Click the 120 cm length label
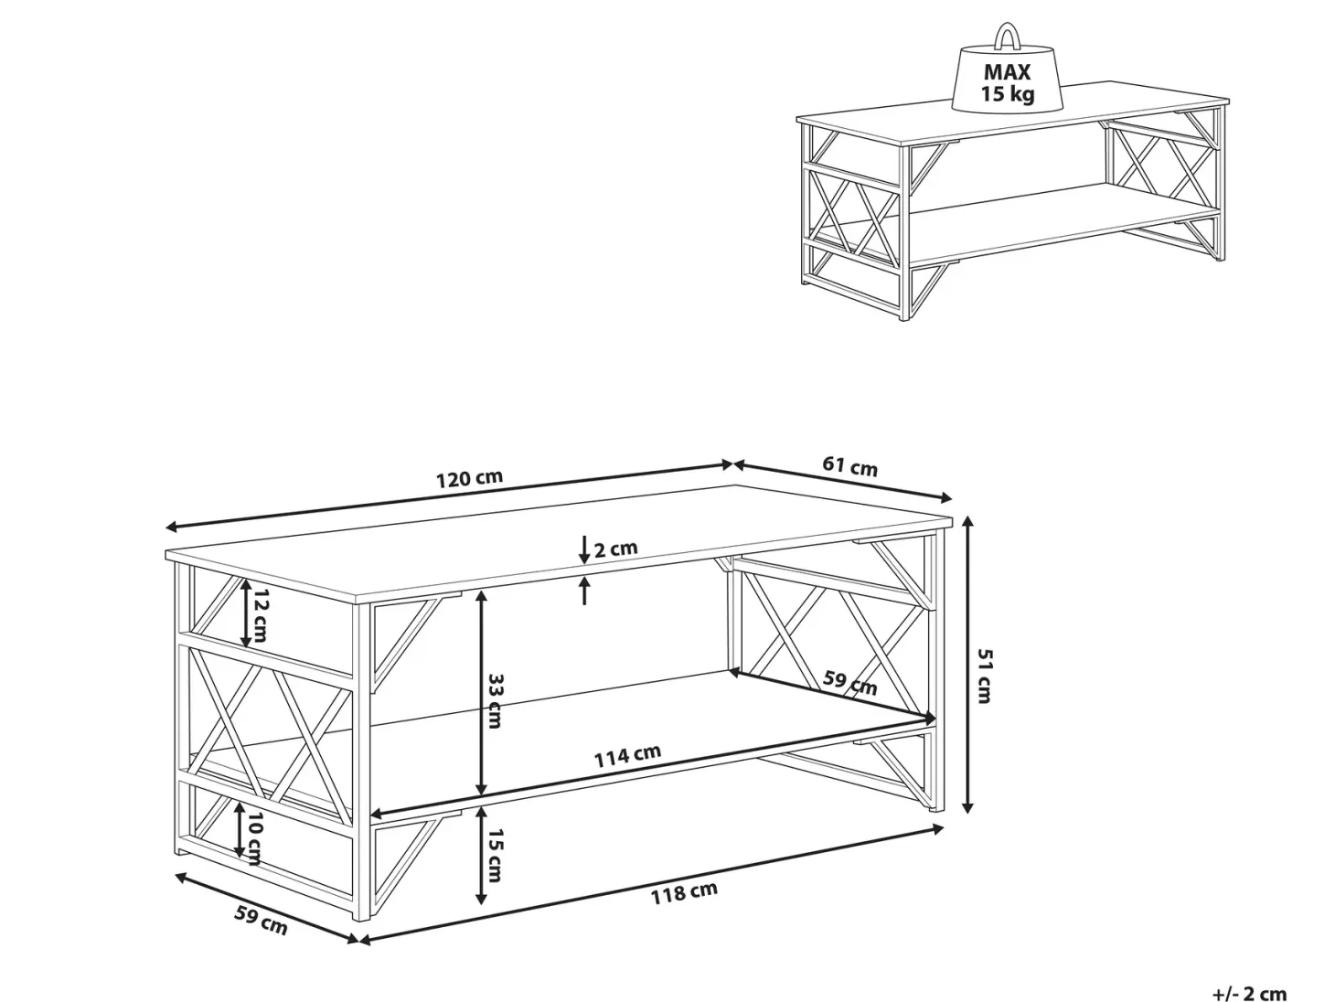(469, 477)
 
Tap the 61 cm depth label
(849, 467)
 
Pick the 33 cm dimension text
(494, 699)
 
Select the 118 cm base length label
(684, 892)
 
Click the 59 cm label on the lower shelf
(849, 682)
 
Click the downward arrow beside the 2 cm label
(584, 549)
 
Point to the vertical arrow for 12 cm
(246, 613)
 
